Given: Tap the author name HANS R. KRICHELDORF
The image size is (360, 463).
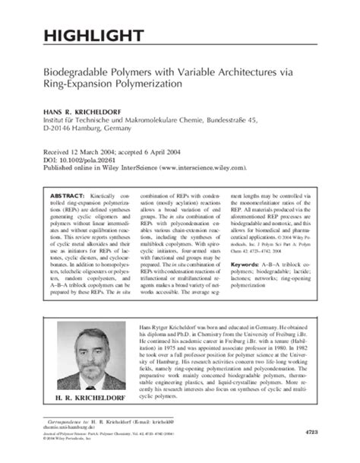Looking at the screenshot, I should tap(81, 109).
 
